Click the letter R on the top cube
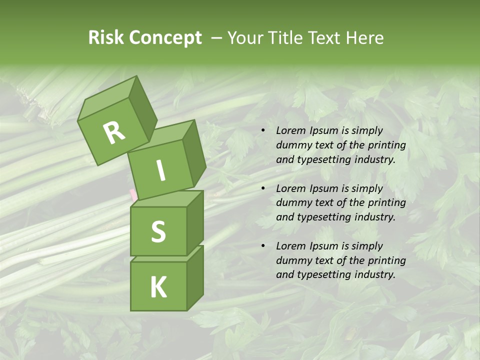click(x=114, y=132)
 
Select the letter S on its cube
click(x=158, y=231)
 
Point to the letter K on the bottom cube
click(x=158, y=287)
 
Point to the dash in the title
click(x=217, y=38)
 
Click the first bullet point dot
click(x=263, y=131)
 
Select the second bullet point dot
click(x=263, y=189)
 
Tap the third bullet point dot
click(x=263, y=246)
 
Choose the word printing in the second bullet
click(x=386, y=203)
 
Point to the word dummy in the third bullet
click(x=294, y=260)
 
